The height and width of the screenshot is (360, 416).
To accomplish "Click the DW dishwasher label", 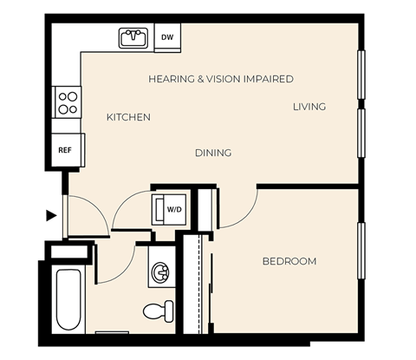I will click(167, 37).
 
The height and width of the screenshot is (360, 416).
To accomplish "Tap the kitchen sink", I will click(133, 37).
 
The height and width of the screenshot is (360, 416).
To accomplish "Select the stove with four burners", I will click(68, 102).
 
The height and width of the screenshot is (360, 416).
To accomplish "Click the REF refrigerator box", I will click(65, 150).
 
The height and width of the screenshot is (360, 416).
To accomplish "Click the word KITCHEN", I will click(128, 117).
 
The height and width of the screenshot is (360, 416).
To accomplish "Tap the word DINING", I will click(212, 153).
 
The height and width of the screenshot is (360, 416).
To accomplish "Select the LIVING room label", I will click(309, 107).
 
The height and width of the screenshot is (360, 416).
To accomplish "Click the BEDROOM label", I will click(289, 261).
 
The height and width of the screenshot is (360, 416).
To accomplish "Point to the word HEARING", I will click(171, 78).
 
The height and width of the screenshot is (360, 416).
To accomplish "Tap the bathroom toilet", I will click(157, 310).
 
